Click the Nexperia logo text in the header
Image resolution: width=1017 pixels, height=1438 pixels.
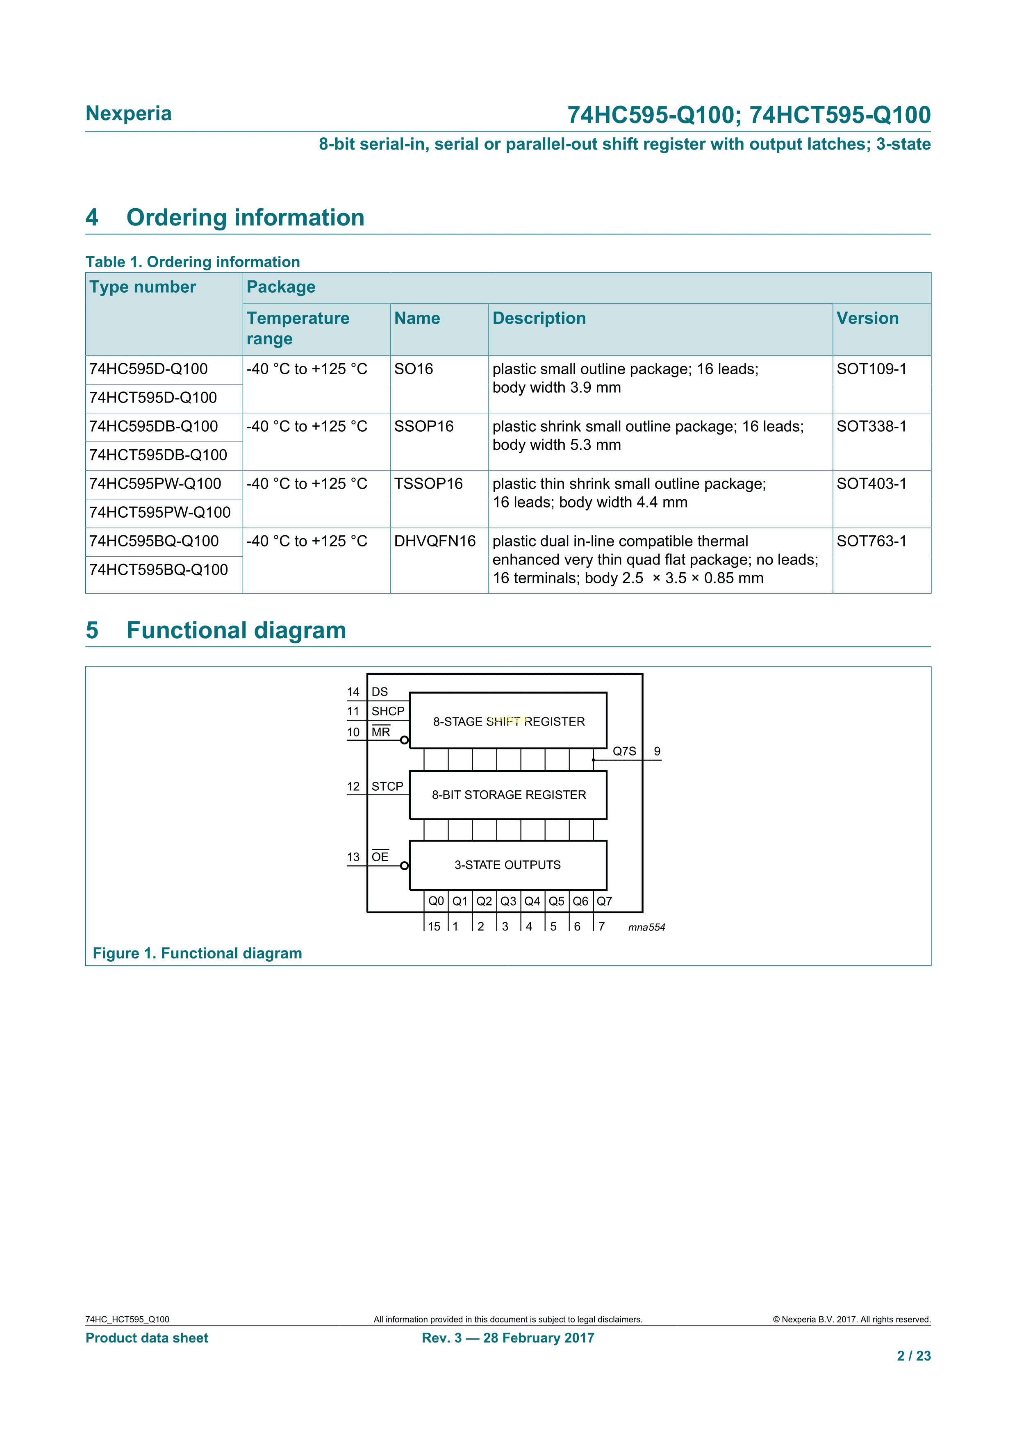tap(128, 114)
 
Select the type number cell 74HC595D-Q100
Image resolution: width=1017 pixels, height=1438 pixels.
tap(148, 369)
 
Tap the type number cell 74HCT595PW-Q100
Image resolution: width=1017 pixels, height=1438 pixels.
tap(160, 512)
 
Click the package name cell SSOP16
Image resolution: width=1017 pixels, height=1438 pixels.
tap(423, 426)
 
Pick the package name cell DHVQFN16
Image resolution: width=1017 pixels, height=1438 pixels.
tap(435, 541)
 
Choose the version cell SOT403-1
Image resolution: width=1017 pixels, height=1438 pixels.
tap(871, 484)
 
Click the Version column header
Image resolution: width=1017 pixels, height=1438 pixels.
tap(867, 318)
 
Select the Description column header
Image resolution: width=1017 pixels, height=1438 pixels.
tap(539, 318)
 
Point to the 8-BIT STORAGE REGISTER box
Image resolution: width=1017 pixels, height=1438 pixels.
tap(508, 795)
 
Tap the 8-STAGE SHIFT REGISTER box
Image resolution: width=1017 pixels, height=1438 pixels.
tap(508, 721)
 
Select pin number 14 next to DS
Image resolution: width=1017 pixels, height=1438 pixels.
tap(353, 692)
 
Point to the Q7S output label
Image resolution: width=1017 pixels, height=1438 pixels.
tap(624, 751)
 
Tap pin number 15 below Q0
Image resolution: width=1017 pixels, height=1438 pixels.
tap(434, 926)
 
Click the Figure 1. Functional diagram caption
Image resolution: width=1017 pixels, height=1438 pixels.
tap(197, 953)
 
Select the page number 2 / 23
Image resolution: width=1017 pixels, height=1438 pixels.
tap(914, 1356)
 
